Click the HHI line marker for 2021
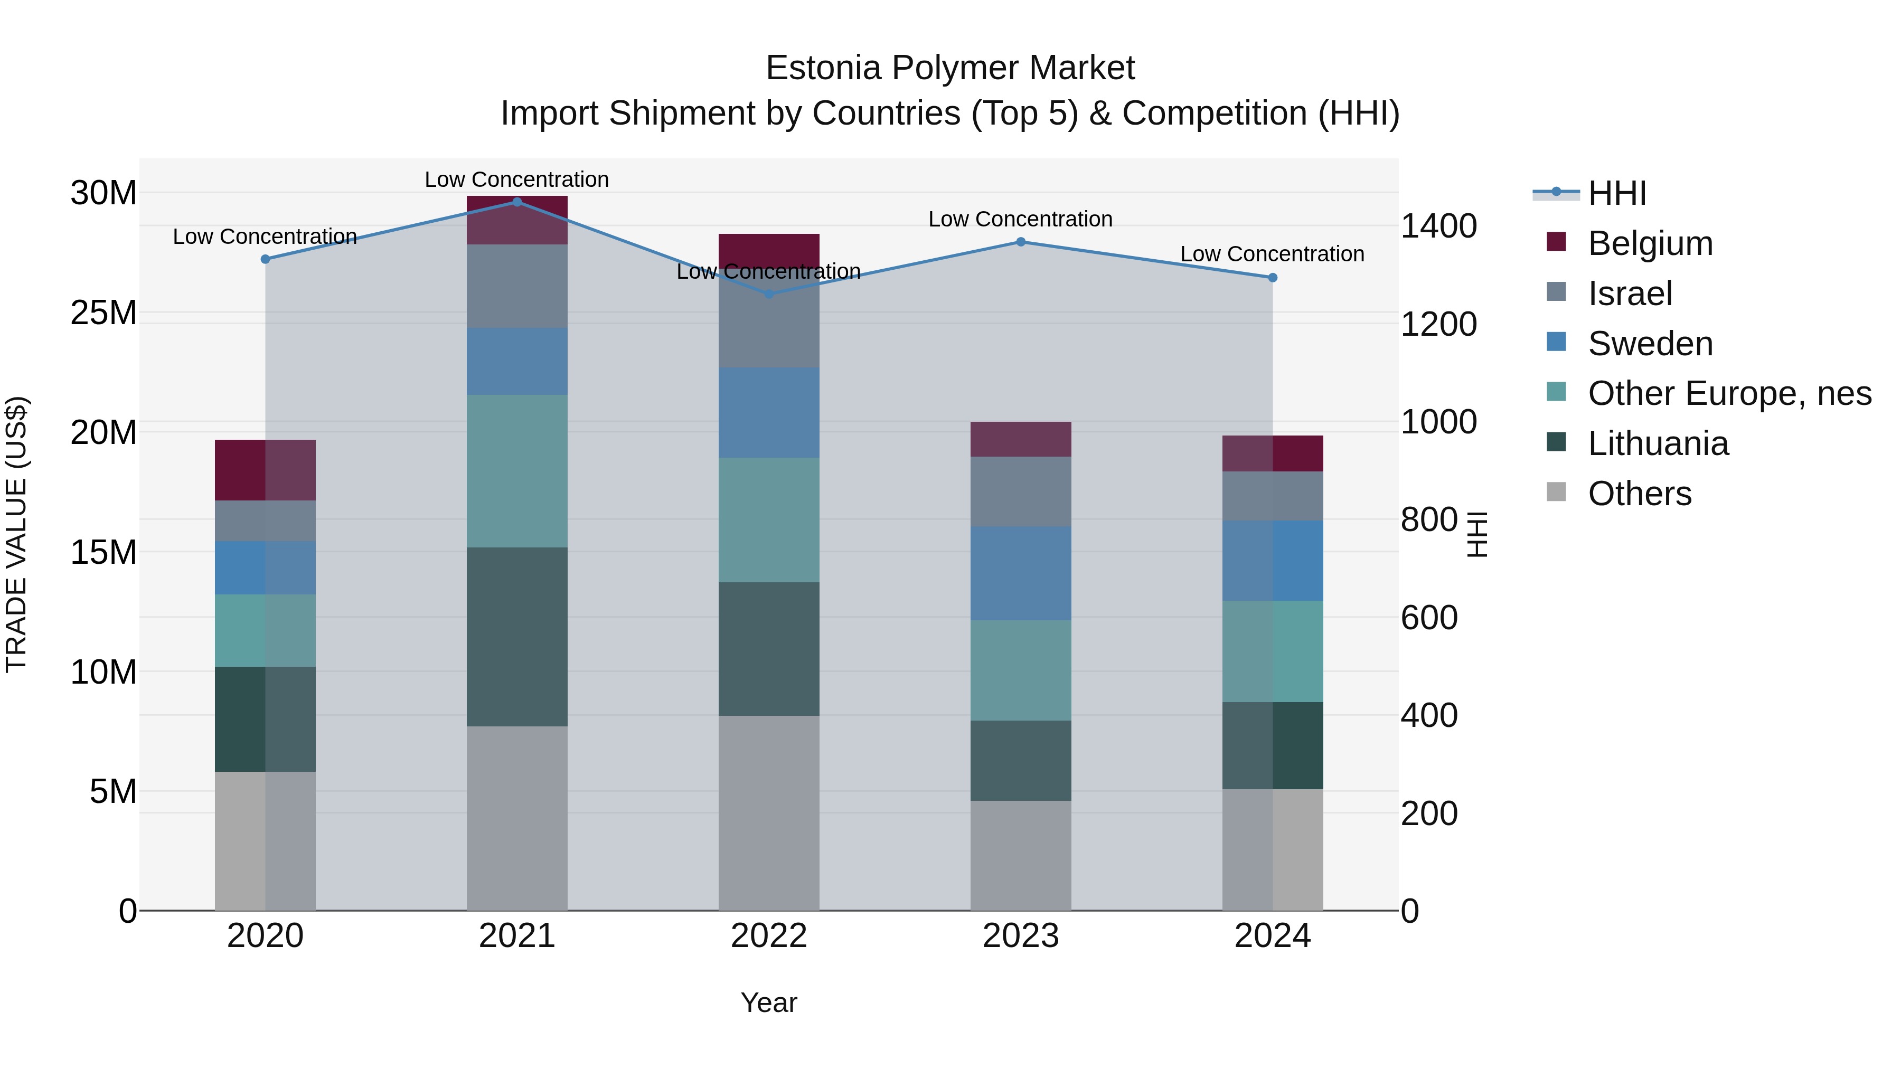516,202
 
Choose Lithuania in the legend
1658,444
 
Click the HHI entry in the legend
1616,193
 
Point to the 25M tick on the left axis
103,314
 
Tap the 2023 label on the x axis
1021,936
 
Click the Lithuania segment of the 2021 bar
516,637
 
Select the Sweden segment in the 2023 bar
1021,573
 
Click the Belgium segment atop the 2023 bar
1021,439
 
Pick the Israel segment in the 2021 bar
516,286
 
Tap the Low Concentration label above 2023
1021,219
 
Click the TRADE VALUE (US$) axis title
16,534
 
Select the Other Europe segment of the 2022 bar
769,520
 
